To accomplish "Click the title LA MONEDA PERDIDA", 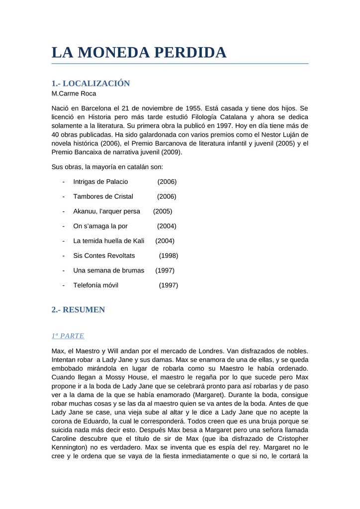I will coord(139,53).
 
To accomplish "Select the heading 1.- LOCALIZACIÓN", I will coord(90,84).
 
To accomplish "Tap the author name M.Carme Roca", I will coord(74,93).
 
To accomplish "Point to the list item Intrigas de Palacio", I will coord(100,182).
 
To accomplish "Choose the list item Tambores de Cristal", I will coord(103,196).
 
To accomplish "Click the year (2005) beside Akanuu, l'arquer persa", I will coord(163,211).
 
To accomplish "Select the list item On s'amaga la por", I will coord(100,226).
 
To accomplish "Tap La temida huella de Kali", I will coord(108,241).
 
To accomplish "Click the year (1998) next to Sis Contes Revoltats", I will coord(169,255).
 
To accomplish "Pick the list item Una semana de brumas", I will coord(108,270).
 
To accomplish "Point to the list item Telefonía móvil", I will coord(95,285).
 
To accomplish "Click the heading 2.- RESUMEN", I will coord(78,310).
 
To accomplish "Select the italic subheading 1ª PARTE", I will coord(68,336).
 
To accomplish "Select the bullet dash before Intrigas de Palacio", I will coord(64,182).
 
